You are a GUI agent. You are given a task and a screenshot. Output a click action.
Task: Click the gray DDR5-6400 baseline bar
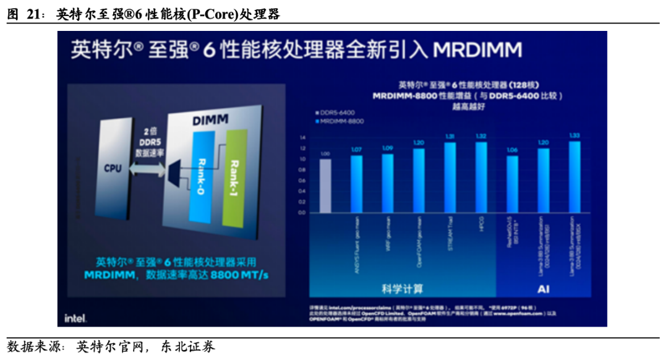(325, 186)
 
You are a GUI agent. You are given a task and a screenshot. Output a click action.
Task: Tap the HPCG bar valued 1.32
(481, 178)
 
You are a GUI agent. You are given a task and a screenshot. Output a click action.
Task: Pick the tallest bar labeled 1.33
(575, 177)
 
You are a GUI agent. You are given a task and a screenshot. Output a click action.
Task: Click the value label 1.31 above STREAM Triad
(450, 137)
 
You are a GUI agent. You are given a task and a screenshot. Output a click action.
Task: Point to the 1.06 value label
(512, 150)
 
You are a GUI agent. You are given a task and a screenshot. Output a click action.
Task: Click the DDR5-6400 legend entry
(335, 113)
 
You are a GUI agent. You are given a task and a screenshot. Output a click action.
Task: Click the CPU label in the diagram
(112, 168)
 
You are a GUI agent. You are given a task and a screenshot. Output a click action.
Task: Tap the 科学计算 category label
(403, 288)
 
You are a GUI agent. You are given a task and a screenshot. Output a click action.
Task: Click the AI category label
(542, 288)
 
